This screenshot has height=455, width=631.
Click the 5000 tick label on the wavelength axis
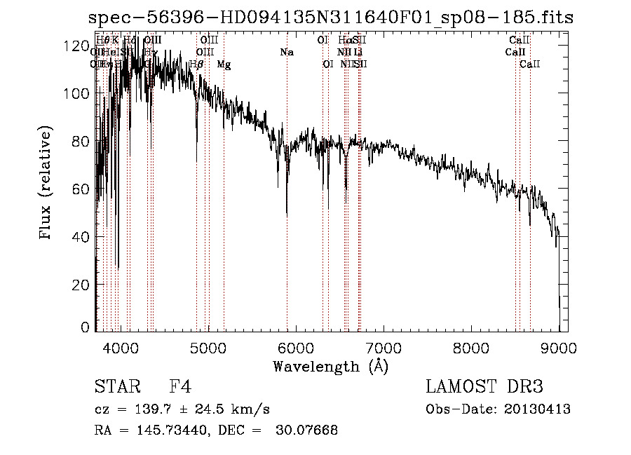(208, 347)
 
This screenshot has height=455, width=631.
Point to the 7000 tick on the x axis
(384, 347)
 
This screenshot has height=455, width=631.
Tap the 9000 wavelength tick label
(559, 347)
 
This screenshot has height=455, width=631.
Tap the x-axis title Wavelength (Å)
(330, 366)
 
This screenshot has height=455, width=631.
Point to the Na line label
(286, 52)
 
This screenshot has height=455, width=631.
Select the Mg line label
(224, 64)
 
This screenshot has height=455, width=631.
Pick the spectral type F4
(180, 387)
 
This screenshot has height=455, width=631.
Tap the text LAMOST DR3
(484, 387)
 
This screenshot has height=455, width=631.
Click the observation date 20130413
(538, 409)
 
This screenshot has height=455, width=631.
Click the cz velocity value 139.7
(158, 409)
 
